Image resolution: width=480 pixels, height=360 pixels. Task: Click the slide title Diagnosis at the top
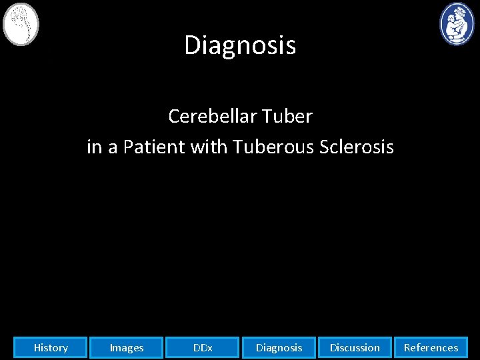pos(240,45)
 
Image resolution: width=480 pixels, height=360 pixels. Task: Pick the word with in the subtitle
pos(209,147)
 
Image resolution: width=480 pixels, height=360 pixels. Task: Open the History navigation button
pos(51,347)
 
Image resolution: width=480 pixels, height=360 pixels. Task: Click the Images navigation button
pos(127,347)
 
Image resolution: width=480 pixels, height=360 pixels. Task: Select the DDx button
pos(203,347)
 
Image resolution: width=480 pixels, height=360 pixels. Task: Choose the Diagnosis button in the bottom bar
pos(279,347)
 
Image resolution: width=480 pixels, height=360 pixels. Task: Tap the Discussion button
pos(355,347)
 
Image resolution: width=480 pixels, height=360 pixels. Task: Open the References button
pos(431,347)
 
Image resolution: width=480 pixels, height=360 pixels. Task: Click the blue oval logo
pos(457,24)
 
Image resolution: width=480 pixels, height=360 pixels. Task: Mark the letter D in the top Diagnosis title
pos(191,45)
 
